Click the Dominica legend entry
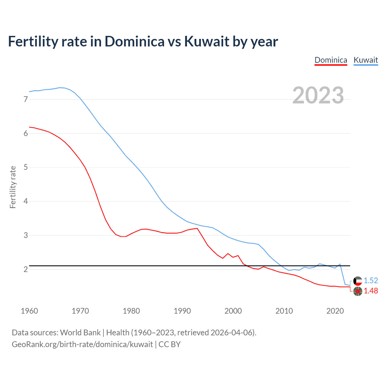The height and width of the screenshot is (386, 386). point(331,60)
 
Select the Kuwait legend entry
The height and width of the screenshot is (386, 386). point(365,60)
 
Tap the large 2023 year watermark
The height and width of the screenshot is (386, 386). point(318,95)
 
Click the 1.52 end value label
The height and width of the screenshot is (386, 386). point(371,280)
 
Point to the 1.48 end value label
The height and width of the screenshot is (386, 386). point(371,291)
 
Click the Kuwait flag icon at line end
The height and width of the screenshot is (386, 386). point(358,281)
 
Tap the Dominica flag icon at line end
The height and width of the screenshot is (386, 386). point(358,291)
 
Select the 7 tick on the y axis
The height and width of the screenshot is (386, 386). point(26,99)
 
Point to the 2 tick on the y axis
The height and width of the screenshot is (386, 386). point(26,269)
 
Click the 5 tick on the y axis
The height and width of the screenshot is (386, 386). point(26,167)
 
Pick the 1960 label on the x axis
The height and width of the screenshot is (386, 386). point(29,311)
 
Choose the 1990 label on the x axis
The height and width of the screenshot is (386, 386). point(182,311)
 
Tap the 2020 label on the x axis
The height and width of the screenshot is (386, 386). point(335,311)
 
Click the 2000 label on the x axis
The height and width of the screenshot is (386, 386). point(233,311)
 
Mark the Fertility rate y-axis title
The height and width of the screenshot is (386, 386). point(13,187)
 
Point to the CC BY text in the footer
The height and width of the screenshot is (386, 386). point(169,344)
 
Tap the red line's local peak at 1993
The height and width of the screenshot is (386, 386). point(197,228)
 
